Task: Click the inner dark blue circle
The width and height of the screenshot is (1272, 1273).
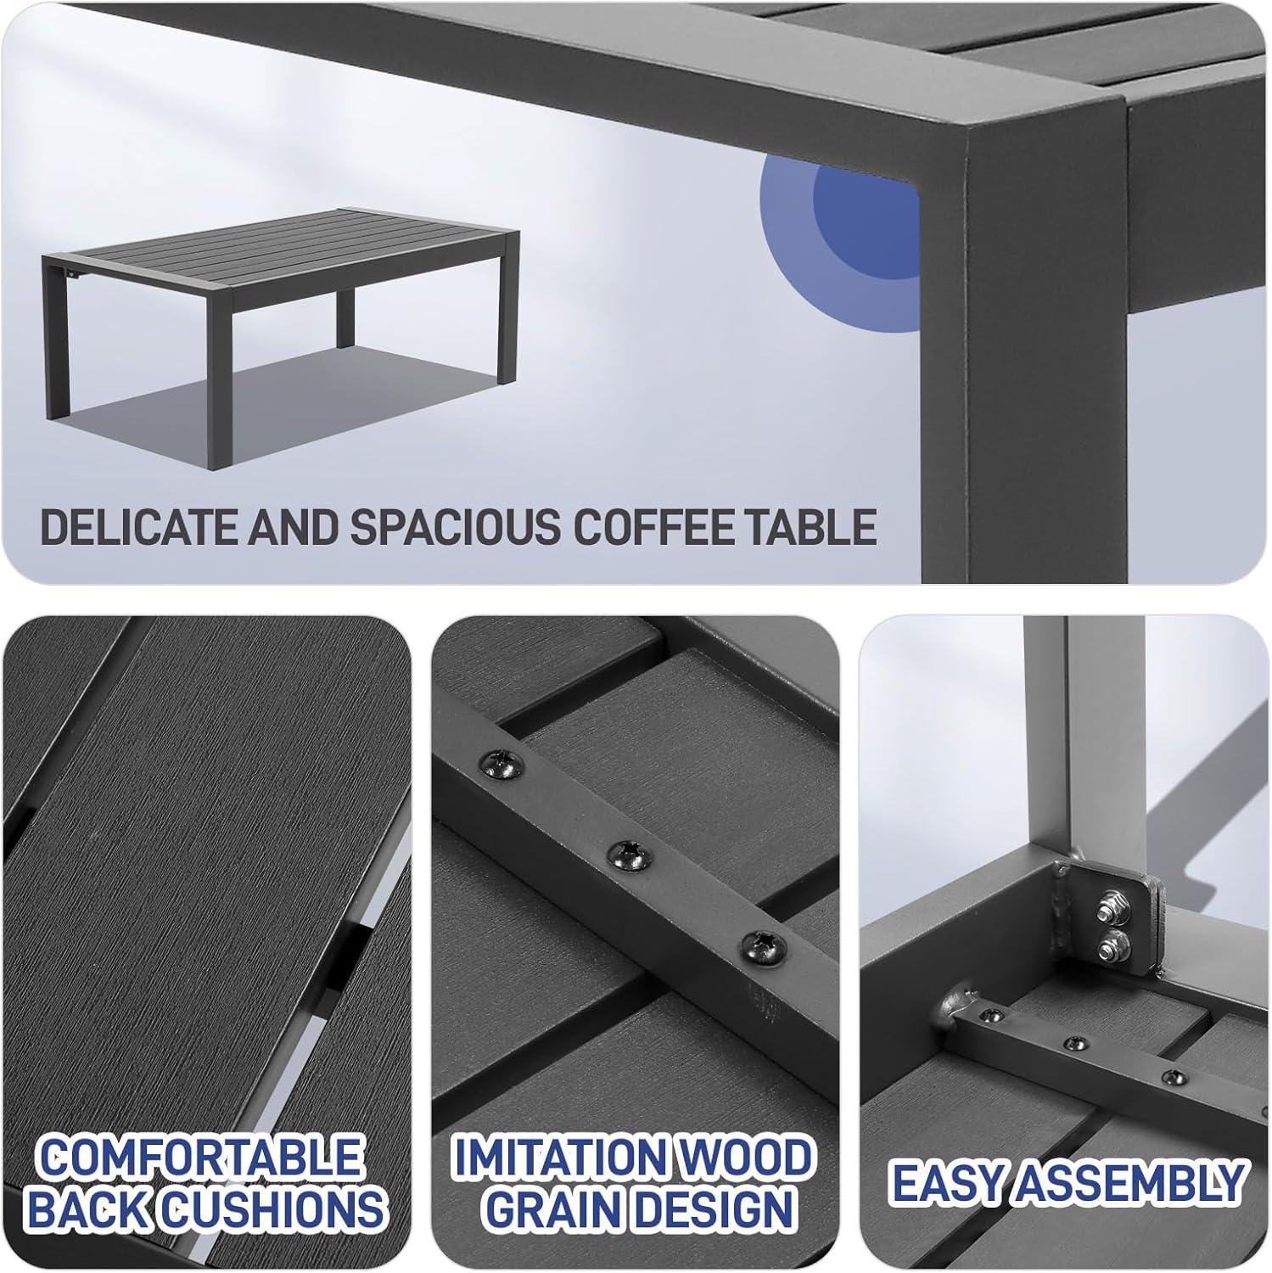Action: pos(866,219)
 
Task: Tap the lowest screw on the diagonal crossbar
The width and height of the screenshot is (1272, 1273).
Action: pos(761,947)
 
